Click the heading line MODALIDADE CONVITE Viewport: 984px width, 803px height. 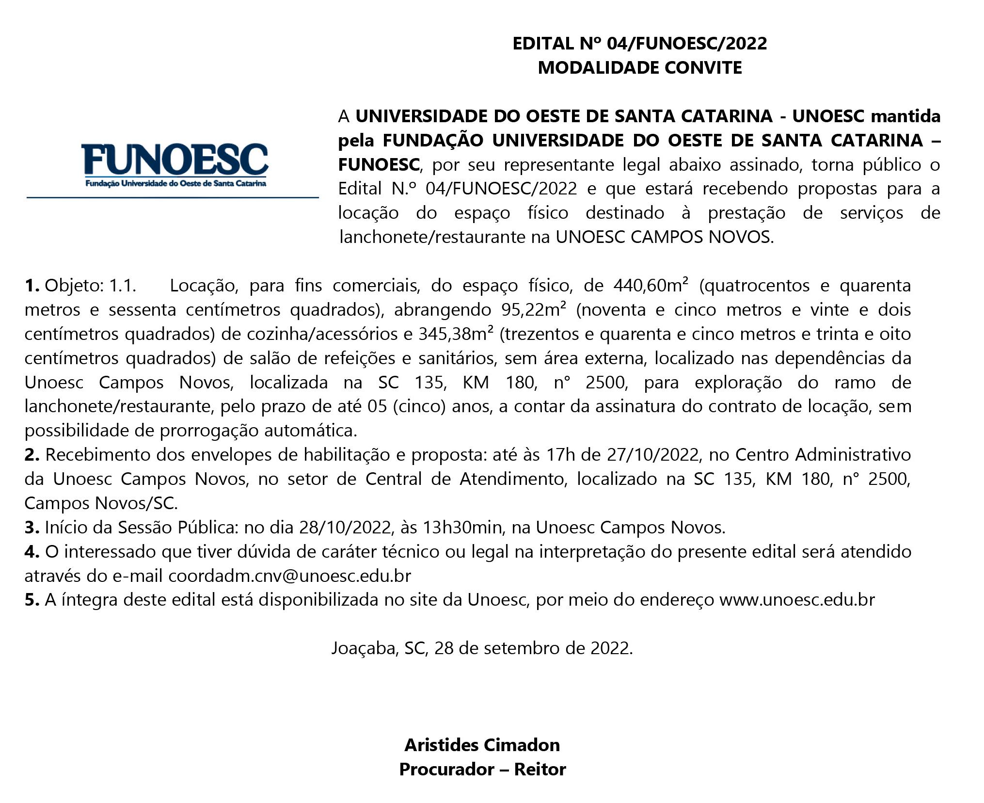tap(639, 67)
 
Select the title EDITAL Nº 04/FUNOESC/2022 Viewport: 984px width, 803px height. tap(639, 43)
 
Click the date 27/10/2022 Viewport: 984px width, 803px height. tap(652, 454)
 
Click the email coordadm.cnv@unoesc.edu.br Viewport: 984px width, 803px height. tap(290, 576)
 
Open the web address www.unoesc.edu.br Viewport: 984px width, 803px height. tap(797, 600)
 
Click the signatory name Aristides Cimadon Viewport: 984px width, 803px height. tap(482, 745)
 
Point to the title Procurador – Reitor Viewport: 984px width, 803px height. tap(482, 769)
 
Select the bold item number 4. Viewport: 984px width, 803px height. tap(32, 551)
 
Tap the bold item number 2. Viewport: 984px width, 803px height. tap(32, 454)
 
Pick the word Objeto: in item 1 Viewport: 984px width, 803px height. tap(74, 285)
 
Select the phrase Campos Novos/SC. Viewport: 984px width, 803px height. tap(101, 503)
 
